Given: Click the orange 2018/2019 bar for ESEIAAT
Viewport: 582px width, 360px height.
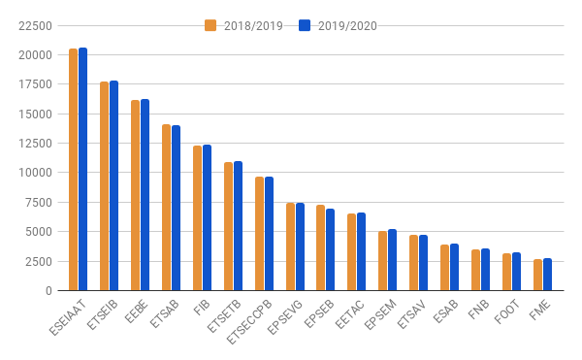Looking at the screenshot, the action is (73, 170).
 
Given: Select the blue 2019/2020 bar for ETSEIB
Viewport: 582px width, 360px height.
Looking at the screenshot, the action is (113, 185).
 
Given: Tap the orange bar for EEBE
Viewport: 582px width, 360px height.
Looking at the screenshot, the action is (135, 195).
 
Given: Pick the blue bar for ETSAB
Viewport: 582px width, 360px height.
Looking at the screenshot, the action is (176, 208).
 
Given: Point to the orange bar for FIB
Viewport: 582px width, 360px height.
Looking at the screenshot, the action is (197, 218).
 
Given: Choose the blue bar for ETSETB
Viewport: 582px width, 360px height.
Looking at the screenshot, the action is (238, 226).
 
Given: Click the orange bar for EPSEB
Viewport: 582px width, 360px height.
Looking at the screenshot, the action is (320, 247).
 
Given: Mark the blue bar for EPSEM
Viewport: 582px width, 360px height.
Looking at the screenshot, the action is (392, 260).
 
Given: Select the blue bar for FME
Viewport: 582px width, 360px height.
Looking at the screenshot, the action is (547, 275).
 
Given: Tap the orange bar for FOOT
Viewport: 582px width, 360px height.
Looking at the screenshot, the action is (506, 272).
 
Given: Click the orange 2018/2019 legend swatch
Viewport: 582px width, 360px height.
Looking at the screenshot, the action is (210, 25).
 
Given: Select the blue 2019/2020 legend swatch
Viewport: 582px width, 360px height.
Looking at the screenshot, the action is (305, 25).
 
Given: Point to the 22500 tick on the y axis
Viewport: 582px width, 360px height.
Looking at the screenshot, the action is (35, 25).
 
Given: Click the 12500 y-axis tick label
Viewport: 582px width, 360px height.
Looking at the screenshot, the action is (35, 144).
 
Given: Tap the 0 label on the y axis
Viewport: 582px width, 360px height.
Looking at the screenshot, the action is (48, 290).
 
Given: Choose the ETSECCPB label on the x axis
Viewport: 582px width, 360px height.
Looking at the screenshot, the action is (249, 322).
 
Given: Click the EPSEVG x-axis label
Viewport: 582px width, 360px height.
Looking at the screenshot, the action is (284, 317).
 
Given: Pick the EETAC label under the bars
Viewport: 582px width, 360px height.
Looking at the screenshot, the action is (349, 314).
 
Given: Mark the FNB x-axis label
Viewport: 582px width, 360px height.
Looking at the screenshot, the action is (478, 310).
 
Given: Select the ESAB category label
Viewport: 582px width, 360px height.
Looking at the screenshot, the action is (445, 311).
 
